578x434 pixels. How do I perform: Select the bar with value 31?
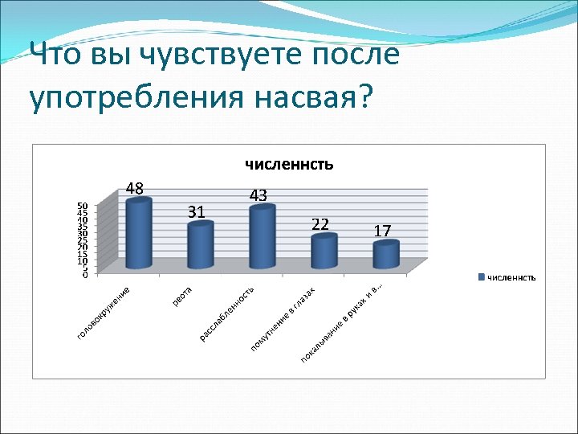(201, 246)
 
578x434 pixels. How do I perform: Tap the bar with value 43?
(263, 237)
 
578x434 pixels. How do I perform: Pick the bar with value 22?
(324, 252)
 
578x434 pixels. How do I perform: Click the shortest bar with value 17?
(386, 256)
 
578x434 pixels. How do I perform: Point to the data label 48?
(134, 190)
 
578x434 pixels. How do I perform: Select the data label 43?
(258, 195)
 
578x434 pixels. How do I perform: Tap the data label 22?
(320, 224)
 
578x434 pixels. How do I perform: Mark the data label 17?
(382, 231)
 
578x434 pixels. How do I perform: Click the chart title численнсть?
(288, 165)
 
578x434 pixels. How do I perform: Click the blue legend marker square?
(481, 278)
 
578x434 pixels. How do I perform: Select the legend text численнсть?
(511, 278)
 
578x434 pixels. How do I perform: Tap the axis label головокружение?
(104, 311)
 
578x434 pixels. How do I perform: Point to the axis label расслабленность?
(227, 313)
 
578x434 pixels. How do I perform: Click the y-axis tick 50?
(82, 206)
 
